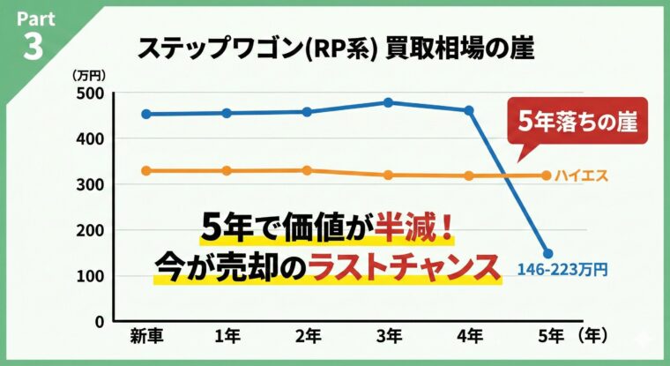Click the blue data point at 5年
tap(547, 253)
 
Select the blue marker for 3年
tap(389, 102)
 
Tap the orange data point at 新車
tap(146, 170)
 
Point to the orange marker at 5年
tap(547, 175)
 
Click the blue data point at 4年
tap(469, 110)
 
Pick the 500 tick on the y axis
tap(90, 93)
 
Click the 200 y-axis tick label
tap(90, 230)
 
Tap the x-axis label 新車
tap(146, 337)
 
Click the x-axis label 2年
tap(308, 337)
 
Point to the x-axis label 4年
tap(469, 337)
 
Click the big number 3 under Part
tap(33, 46)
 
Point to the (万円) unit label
tap(89, 75)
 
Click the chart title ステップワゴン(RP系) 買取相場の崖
tap(335, 49)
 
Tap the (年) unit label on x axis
tap(597, 337)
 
